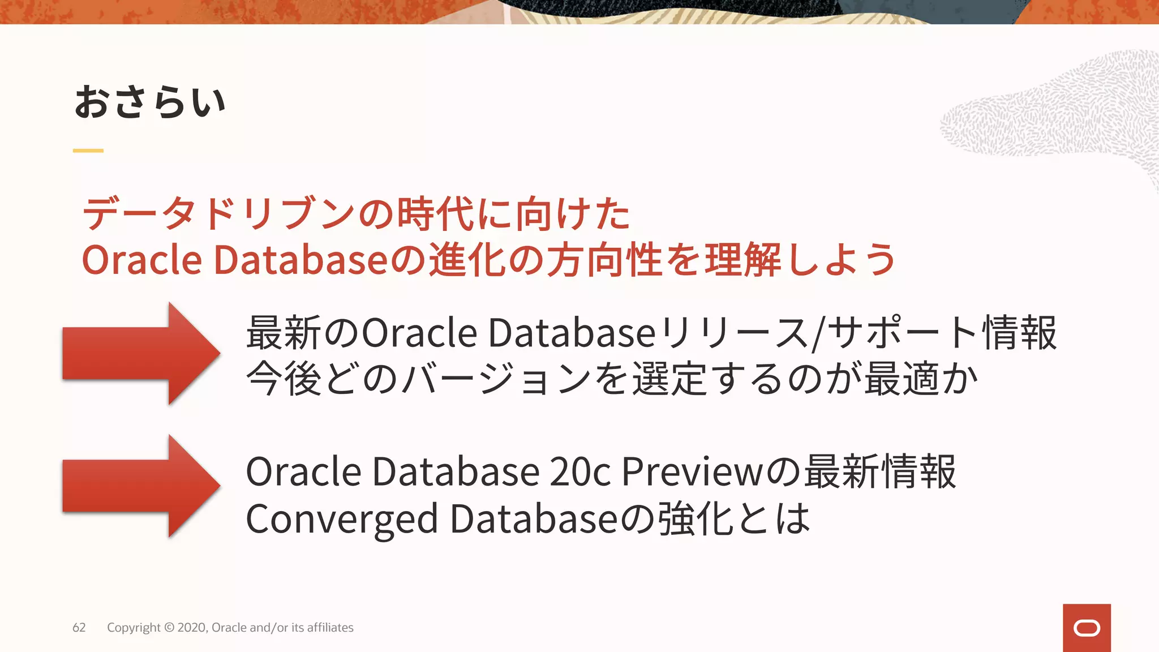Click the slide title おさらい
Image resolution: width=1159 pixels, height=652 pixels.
tap(150, 102)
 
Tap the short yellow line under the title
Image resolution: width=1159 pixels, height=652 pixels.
tap(88, 151)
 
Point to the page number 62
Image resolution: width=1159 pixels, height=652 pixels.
tap(79, 628)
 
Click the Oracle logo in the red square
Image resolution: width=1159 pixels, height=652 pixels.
tap(1087, 628)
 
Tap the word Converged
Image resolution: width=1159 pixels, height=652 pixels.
tap(342, 519)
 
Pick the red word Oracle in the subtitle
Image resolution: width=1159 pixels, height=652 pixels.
tap(141, 260)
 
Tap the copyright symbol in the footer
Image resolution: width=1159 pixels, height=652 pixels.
tap(169, 628)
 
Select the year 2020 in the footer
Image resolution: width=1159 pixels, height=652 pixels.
tap(192, 628)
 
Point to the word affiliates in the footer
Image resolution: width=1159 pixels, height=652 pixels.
tap(330, 628)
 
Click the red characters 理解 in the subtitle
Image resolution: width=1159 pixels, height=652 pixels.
tap(742, 260)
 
